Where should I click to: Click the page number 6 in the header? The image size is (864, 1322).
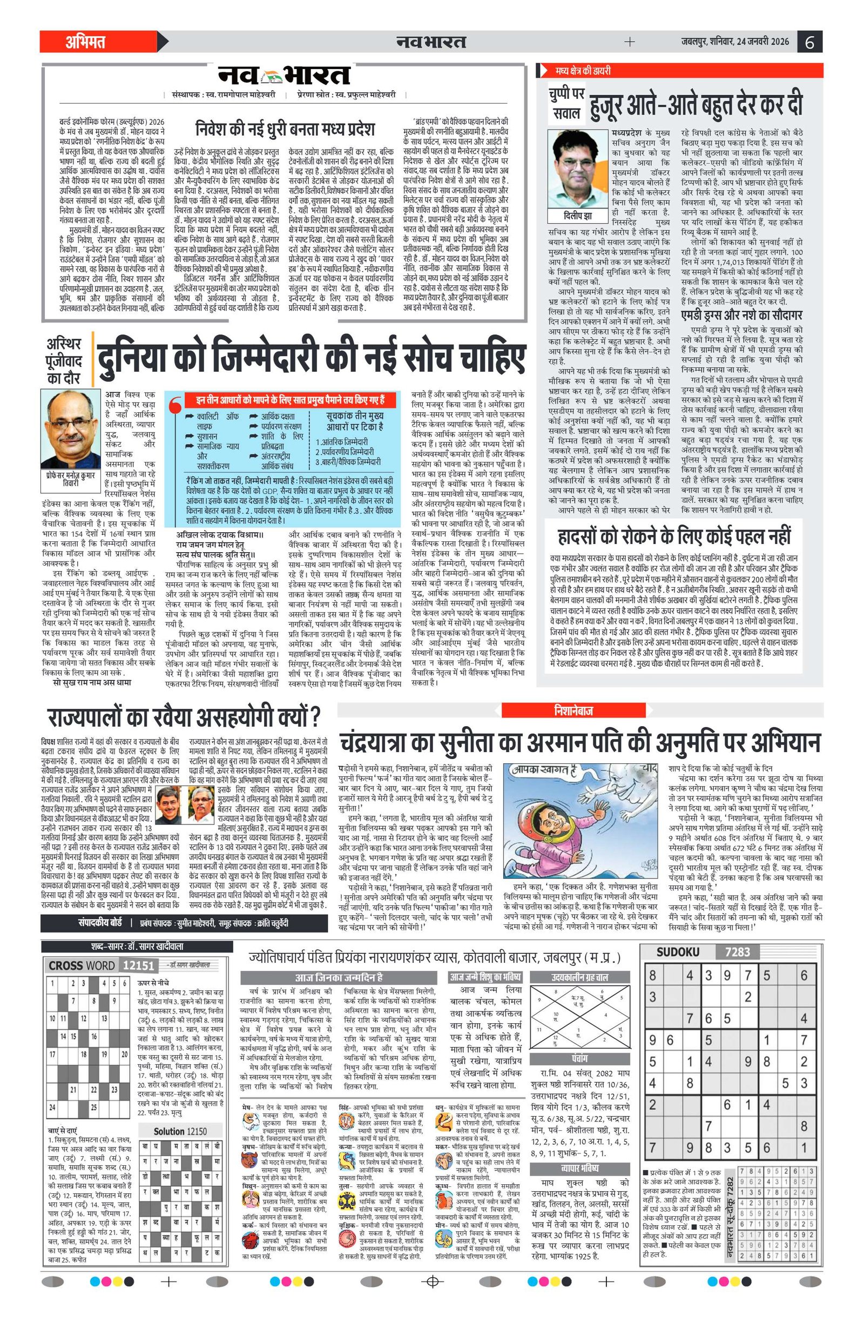(x=809, y=42)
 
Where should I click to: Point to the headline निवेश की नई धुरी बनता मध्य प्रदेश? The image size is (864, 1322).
(x=285, y=130)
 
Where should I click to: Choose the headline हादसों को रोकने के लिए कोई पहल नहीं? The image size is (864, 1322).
(x=673, y=536)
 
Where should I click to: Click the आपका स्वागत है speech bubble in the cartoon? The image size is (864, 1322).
(x=541, y=770)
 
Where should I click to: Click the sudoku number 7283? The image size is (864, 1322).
(x=737, y=952)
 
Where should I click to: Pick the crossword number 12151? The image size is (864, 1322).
(x=138, y=965)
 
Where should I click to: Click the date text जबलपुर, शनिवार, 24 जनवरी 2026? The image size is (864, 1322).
(x=735, y=42)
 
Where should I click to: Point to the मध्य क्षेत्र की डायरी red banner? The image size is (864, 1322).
(x=583, y=71)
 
